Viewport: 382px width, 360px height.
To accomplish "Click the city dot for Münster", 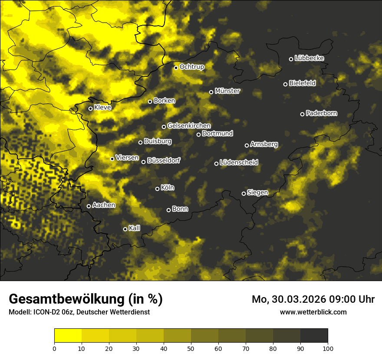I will click(211, 92).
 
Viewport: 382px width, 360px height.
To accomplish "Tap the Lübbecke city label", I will click(309, 58).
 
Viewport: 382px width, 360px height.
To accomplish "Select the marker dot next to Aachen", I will click(89, 206).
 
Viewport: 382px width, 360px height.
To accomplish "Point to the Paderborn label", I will click(321, 113).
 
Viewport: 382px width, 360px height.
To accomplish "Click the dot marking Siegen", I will click(244, 193).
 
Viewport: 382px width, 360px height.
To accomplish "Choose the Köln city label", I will click(167, 188).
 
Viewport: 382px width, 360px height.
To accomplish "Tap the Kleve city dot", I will click(91, 108).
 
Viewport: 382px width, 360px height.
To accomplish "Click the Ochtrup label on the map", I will click(191, 67).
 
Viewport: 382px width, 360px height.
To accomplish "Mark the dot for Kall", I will click(125, 229).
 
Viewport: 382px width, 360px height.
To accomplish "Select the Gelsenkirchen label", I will click(189, 126).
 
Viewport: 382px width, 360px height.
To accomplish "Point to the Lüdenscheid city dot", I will click(216, 164).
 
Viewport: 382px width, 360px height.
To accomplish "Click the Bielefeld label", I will click(302, 83).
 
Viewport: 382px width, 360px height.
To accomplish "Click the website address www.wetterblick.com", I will click(313, 312).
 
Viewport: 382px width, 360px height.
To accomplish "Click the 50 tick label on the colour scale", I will click(191, 348).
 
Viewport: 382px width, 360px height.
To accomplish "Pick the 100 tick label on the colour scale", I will click(328, 348).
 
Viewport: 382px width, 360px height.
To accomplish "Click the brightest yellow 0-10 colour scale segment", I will click(68, 335).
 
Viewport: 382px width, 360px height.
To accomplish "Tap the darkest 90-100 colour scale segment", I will click(314, 335).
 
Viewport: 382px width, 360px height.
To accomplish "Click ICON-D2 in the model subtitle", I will click(46, 312).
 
